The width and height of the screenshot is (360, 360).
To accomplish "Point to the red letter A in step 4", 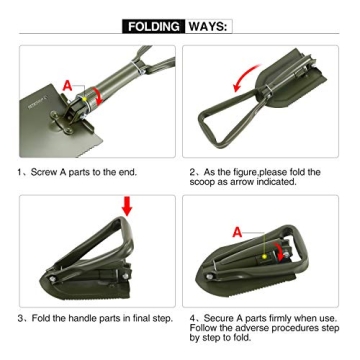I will coord(238,231).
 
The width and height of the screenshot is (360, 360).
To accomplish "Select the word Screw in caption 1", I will coord(49,172).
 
